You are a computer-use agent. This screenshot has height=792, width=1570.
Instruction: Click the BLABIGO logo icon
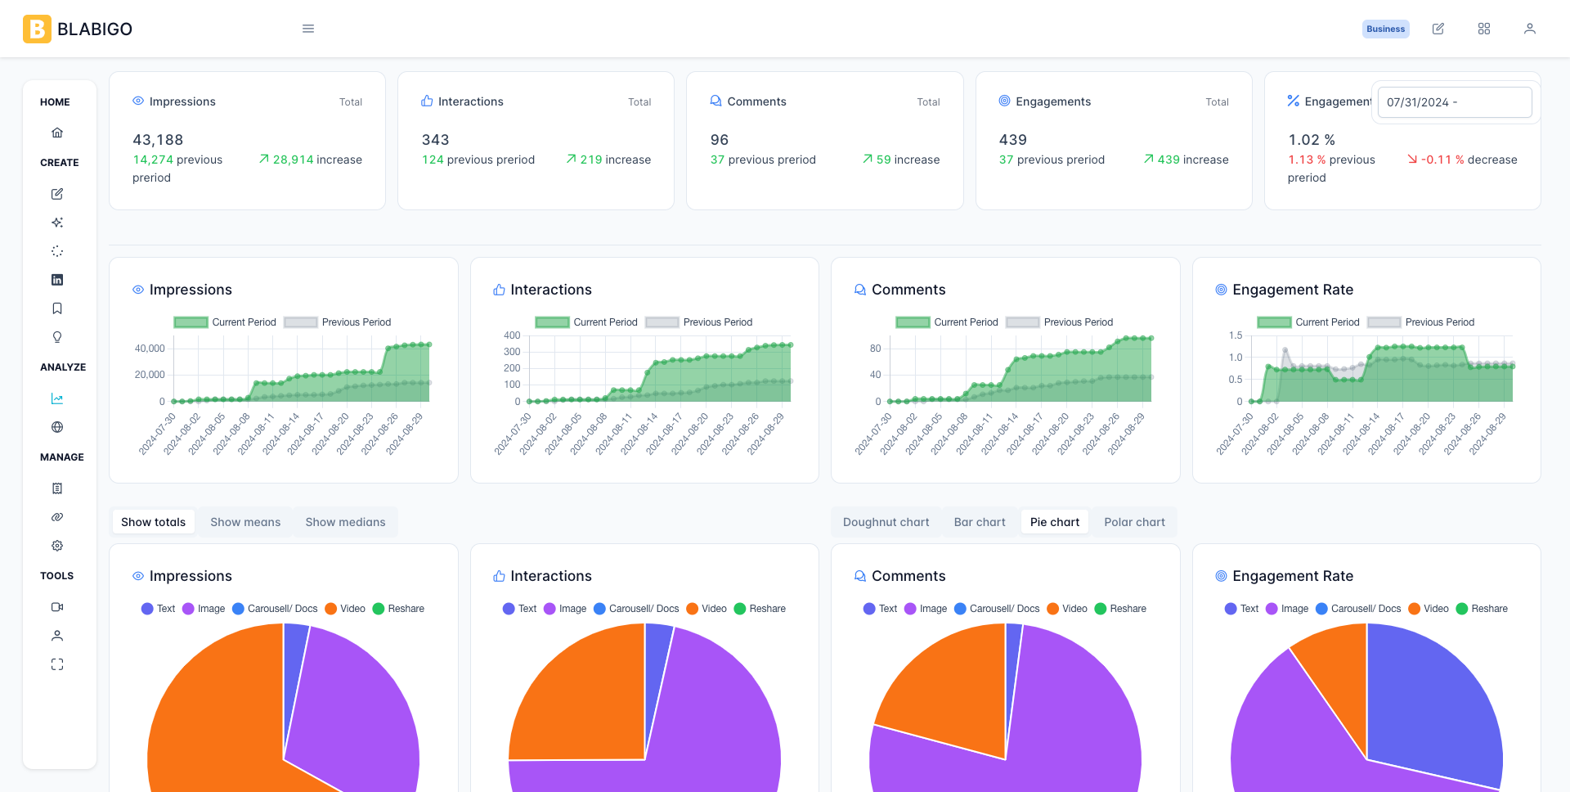[37, 29]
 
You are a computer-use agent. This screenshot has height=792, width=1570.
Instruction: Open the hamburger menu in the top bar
[308, 29]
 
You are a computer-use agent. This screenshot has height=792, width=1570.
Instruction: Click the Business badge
[1385, 29]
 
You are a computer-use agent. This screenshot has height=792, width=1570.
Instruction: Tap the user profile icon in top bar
[1529, 29]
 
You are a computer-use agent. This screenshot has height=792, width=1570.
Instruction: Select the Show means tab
[245, 522]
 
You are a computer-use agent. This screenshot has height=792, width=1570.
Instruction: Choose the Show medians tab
[345, 522]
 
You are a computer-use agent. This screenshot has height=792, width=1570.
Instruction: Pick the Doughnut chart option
[886, 522]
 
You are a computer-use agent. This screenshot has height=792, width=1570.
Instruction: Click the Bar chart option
[980, 522]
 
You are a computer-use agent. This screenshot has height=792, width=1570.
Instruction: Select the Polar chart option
[1134, 522]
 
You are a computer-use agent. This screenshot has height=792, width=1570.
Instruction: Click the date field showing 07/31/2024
[1454, 102]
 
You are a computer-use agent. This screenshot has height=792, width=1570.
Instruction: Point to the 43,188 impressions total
[158, 140]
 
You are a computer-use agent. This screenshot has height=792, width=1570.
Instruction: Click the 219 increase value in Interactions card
[608, 160]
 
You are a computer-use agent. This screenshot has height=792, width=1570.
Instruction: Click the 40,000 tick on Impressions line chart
[150, 349]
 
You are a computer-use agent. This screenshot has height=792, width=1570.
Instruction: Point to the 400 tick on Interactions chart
[512, 335]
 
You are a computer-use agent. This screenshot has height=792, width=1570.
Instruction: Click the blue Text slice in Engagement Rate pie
[1431, 704]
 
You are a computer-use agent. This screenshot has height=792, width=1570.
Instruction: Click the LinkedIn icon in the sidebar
[57, 280]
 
